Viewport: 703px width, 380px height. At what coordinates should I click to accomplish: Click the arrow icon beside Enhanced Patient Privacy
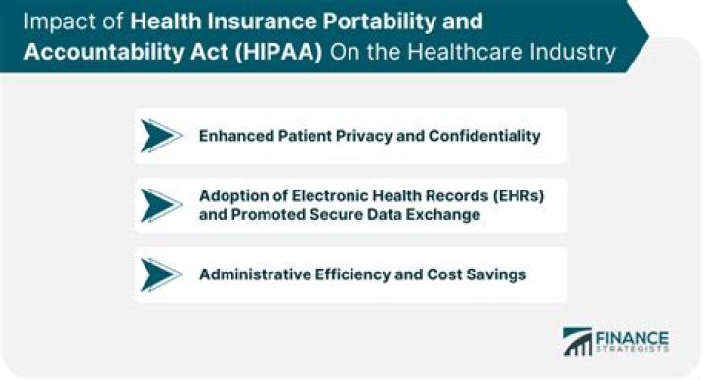tap(160, 136)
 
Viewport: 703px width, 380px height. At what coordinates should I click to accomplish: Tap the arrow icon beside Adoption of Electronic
tap(160, 205)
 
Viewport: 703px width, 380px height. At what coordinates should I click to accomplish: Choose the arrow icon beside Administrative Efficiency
tap(160, 274)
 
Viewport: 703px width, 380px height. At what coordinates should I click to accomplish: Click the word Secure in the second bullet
tap(338, 215)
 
